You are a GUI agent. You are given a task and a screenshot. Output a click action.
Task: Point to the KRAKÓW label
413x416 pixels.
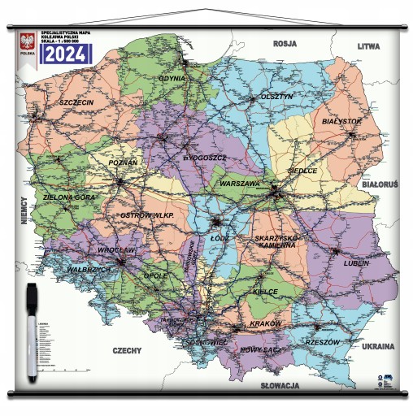(264, 323)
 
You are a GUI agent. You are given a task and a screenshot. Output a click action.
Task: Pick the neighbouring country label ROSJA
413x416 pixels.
(285, 44)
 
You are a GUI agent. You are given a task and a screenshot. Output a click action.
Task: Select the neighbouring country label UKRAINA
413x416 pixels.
(376, 344)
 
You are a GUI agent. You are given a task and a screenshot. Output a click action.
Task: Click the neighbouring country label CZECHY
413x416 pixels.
(128, 350)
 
